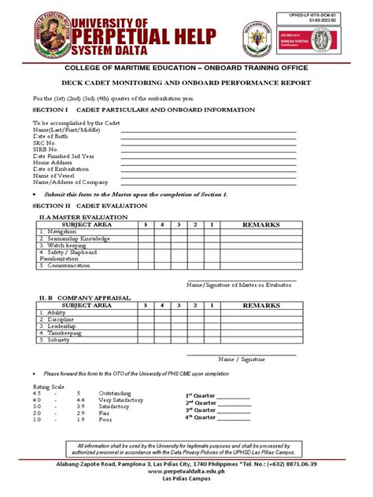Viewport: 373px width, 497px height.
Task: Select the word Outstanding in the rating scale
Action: click(116, 392)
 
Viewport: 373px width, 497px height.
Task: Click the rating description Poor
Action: click(105, 420)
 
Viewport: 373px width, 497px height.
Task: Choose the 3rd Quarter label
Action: click(201, 410)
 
